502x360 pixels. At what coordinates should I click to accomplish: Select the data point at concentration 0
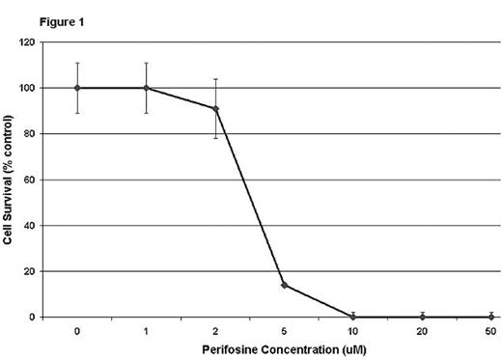pos(77,88)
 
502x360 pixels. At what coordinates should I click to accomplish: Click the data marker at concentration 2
pos(215,108)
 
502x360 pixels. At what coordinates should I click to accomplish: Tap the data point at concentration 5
pos(285,285)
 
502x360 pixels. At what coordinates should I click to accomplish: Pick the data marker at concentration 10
pos(353,317)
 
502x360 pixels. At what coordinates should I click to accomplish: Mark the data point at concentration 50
pos(491,317)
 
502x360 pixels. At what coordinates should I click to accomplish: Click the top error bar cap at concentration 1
pos(146,64)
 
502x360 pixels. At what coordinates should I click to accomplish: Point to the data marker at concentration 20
pos(423,317)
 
